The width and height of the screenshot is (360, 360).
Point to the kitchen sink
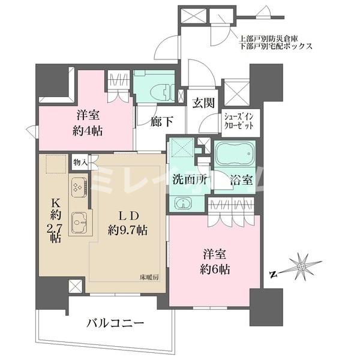(x=79, y=223)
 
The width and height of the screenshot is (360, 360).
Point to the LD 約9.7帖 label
(x=127, y=223)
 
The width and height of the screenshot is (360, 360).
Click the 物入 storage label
(x=80, y=161)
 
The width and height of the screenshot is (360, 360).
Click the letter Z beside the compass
(x=273, y=275)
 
